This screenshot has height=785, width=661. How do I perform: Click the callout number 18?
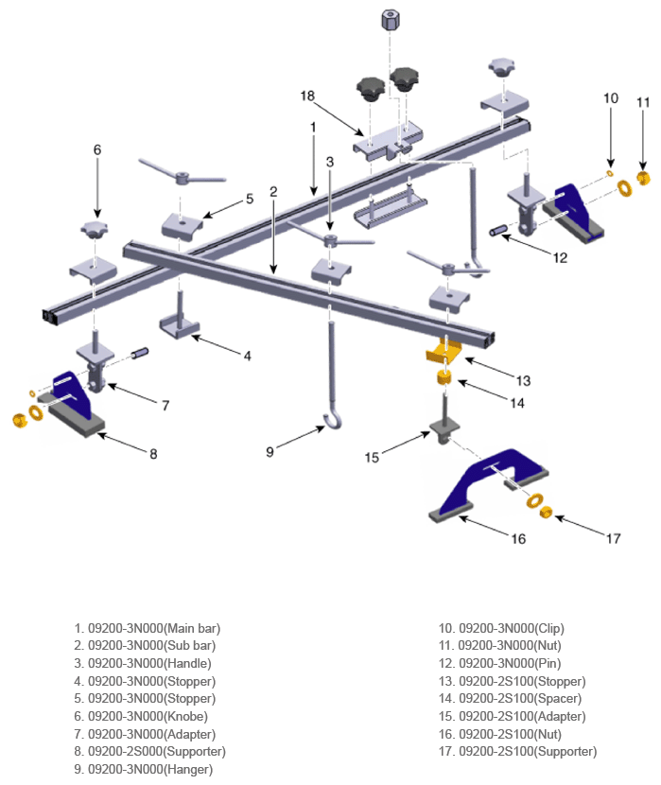(307, 96)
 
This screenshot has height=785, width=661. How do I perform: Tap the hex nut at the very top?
(390, 20)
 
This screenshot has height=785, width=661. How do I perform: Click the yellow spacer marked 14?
(444, 377)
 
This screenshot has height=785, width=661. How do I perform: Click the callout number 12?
(560, 258)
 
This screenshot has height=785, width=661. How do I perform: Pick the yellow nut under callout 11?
(643, 177)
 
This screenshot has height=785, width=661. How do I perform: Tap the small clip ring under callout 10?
(609, 173)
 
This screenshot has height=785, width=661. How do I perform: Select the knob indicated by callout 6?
(94, 230)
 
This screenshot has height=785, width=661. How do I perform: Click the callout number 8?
(153, 454)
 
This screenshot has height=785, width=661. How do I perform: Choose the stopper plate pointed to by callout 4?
(180, 326)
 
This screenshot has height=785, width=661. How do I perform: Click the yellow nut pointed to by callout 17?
(546, 512)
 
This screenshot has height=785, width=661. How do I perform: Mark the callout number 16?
(518, 539)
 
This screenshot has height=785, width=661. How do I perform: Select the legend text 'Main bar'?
(192, 628)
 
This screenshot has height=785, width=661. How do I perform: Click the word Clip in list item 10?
(548, 628)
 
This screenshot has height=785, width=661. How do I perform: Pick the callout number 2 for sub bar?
(273, 192)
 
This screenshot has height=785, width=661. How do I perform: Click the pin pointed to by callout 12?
(498, 232)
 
